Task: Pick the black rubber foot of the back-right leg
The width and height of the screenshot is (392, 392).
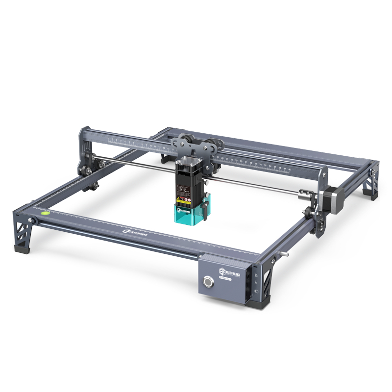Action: (373, 197)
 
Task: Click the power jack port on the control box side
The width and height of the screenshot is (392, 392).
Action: (256, 293)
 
